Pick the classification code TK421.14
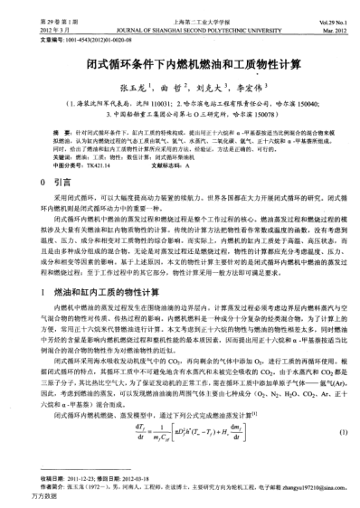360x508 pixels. point(86,168)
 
